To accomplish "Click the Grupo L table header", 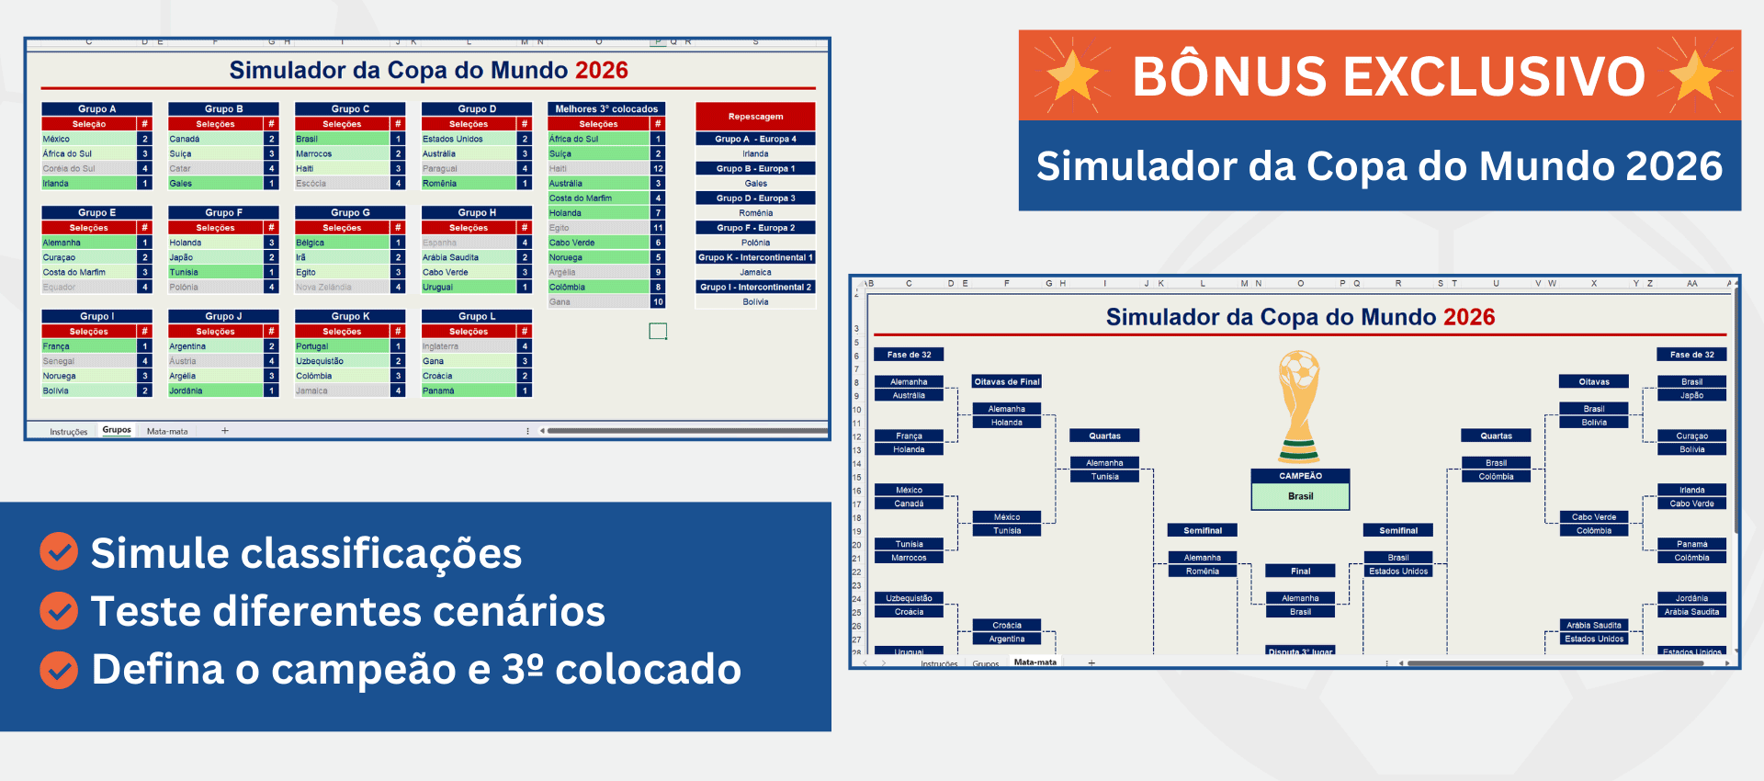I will (476, 316).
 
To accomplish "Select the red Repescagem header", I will (755, 117).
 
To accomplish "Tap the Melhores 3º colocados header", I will (605, 108).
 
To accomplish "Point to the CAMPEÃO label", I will (1300, 476).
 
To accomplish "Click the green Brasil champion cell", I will (1300, 496).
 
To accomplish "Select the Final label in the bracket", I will (1300, 571).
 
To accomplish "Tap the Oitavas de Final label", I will (1007, 381).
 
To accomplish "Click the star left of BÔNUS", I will (1072, 75).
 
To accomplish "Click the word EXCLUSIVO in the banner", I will (1489, 76).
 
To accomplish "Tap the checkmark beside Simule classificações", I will (59, 551).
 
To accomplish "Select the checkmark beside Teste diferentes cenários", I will (59, 610).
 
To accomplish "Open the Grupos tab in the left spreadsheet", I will (117, 430).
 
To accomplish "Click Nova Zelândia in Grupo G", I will (323, 287).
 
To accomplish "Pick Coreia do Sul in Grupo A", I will (69, 168).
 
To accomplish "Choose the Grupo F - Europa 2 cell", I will (755, 228).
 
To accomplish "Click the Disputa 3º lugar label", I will (1300, 651).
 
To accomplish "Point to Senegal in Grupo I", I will (59, 361).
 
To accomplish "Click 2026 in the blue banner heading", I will (1673, 166).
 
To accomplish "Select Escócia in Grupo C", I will (311, 183).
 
